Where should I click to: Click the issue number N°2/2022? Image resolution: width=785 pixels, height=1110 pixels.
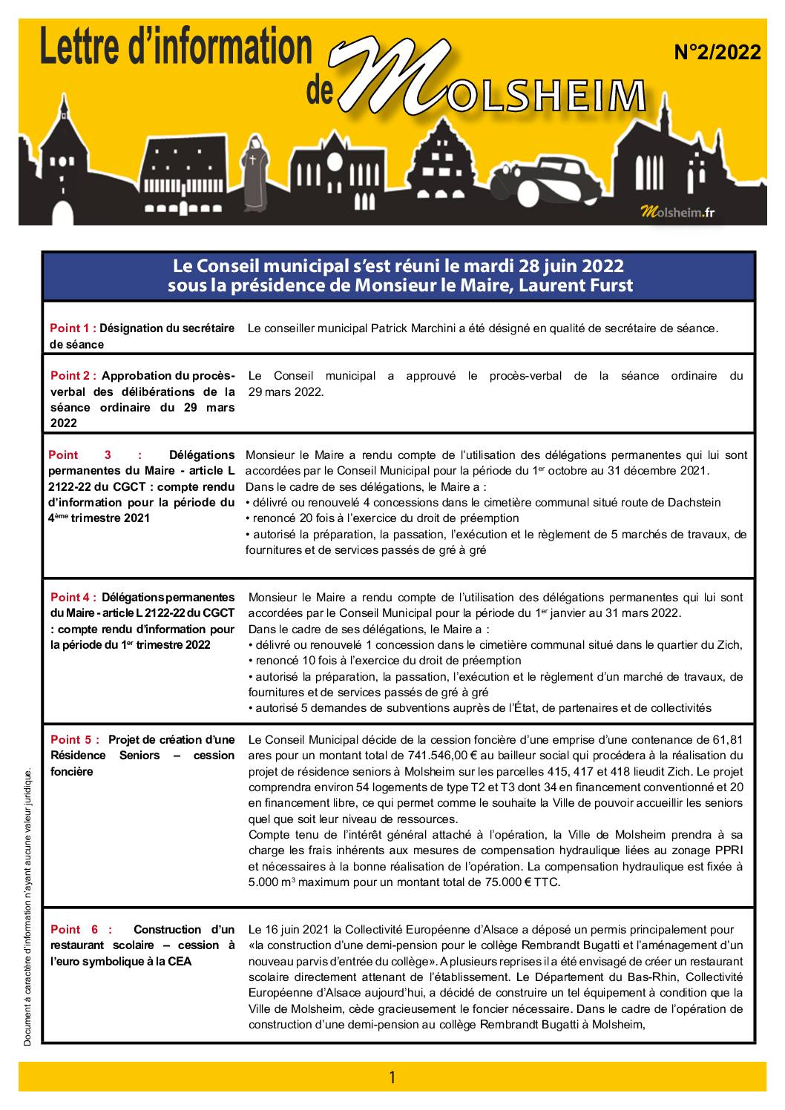(x=717, y=53)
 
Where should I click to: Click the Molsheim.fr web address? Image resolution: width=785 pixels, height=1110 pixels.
(x=677, y=212)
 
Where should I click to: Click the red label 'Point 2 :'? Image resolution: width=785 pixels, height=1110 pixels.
(x=73, y=376)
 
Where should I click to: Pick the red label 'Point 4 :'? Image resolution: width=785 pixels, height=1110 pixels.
(x=73, y=597)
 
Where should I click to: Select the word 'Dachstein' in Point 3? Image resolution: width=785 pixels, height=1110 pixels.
(x=695, y=502)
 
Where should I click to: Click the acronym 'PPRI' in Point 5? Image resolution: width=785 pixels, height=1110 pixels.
(x=727, y=850)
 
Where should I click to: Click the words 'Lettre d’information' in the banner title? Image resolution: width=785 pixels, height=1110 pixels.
(x=176, y=47)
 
